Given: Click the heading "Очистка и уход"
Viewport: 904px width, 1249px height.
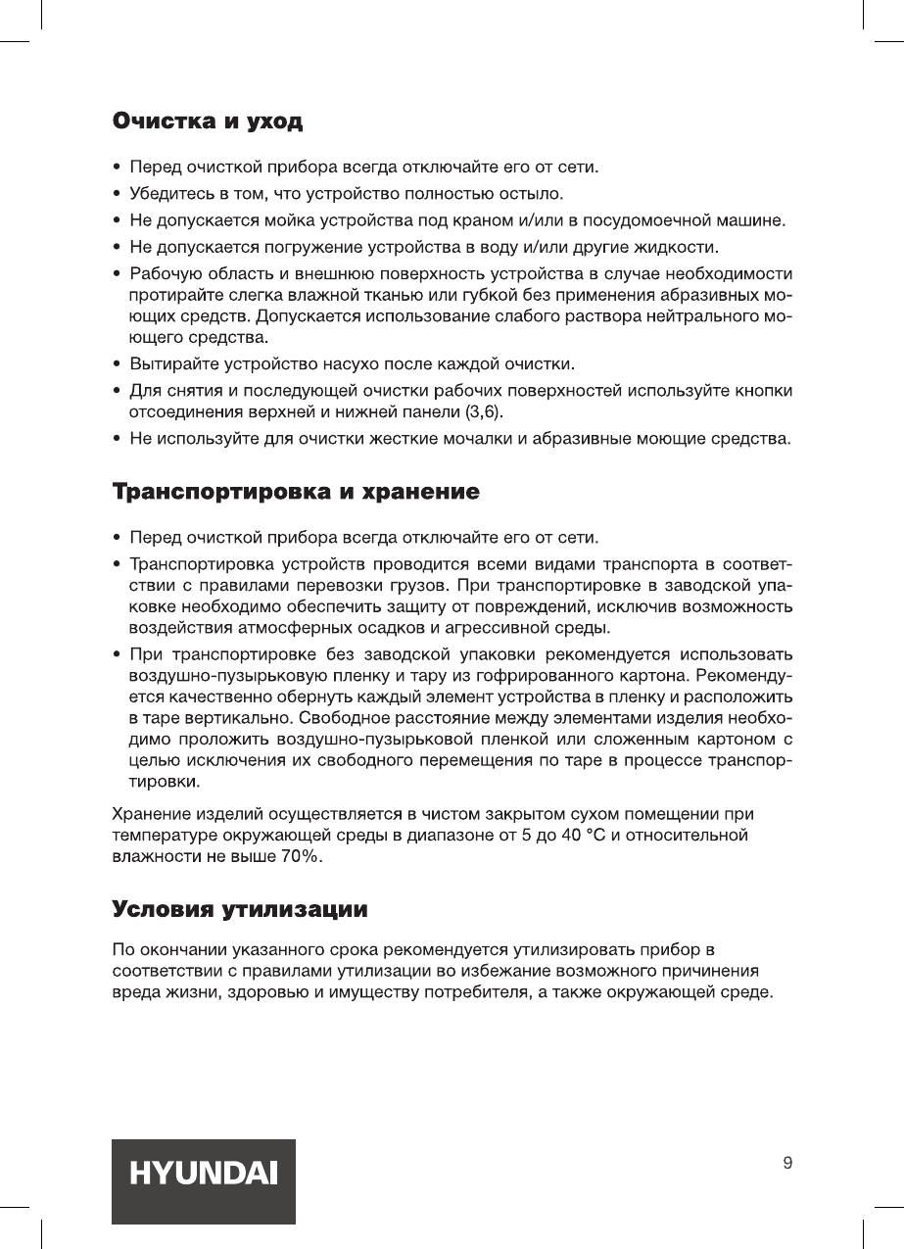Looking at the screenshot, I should point(207,123).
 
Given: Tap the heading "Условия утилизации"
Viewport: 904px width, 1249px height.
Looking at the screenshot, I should point(241,909).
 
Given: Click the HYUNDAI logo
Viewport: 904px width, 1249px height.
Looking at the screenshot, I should point(204,1180).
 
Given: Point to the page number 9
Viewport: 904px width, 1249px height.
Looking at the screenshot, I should point(788,1164).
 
